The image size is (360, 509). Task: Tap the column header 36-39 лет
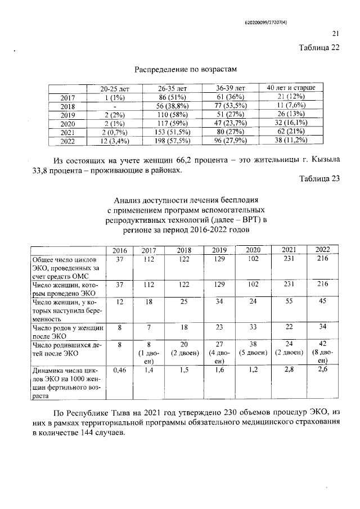[x=231, y=88]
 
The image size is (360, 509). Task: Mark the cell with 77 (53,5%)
[x=231, y=106]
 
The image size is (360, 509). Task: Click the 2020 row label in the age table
[x=67, y=123]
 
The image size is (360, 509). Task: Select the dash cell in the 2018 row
[x=114, y=106]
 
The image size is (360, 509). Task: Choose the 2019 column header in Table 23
[x=219, y=250]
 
